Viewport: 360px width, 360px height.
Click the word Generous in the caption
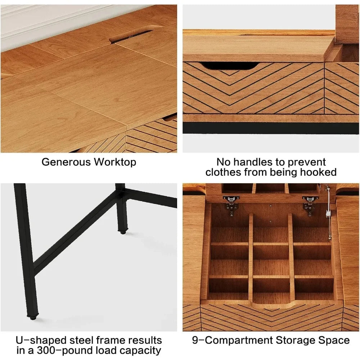(66, 162)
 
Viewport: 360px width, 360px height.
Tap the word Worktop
(115, 162)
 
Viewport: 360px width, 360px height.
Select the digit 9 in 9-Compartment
(195, 340)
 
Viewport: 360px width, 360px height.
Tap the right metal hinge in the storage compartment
(310, 205)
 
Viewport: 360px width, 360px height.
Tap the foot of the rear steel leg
(123, 232)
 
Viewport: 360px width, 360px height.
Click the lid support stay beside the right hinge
(328, 213)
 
